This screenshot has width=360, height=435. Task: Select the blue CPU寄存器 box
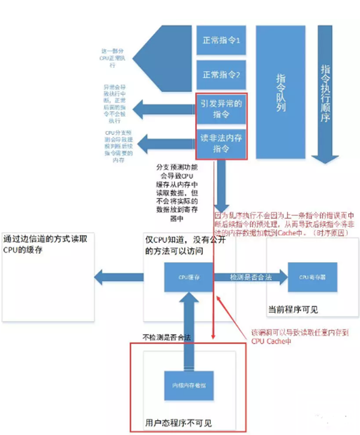point(311,278)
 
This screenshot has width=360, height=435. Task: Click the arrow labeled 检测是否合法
point(248,278)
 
